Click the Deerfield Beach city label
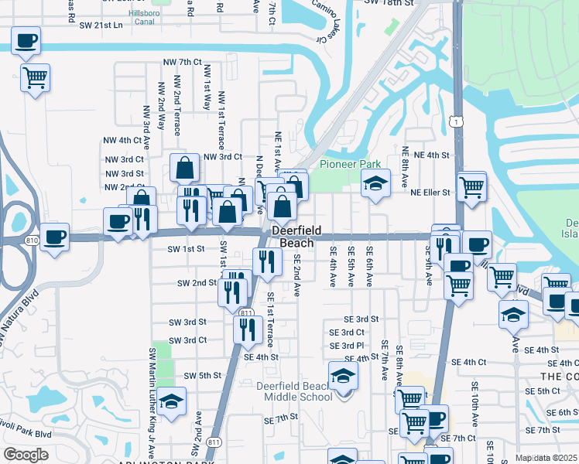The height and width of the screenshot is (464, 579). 292,236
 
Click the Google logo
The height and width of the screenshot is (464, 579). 26,455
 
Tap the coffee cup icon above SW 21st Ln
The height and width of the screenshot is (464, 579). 26,40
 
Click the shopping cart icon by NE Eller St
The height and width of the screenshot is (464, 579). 471,186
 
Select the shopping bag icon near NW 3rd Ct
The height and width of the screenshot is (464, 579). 186,167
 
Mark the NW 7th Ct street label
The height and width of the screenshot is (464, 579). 182,62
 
